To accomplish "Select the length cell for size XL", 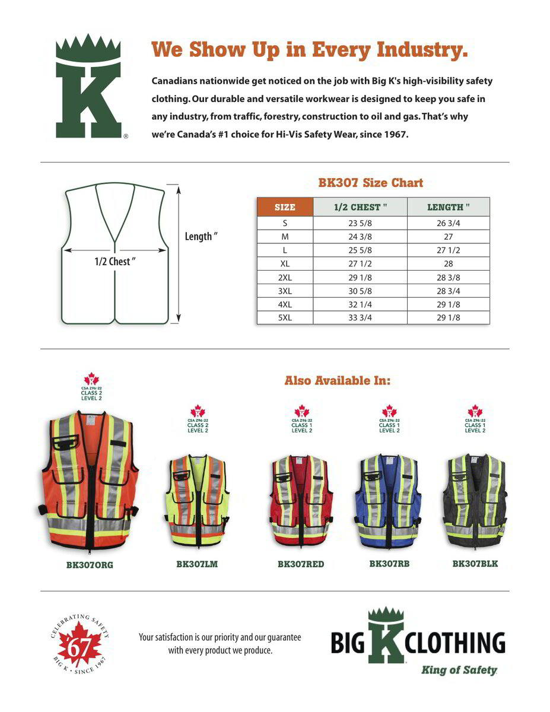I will pyautogui.click(x=448, y=263).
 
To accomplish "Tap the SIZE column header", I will pyautogui.click(x=285, y=207).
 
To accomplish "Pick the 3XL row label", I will pyautogui.click(x=285, y=291).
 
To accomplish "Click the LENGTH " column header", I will pyautogui.click(x=448, y=207).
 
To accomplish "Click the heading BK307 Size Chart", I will pyautogui.click(x=370, y=183).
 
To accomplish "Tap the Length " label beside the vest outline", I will pyautogui.click(x=201, y=237).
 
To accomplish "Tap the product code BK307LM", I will pyautogui.click(x=197, y=564).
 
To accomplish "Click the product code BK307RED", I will pyautogui.click(x=301, y=564).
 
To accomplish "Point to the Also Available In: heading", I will pyautogui.click(x=338, y=380).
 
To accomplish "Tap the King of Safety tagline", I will pyautogui.click(x=459, y=670).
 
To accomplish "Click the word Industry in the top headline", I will pyautogui.click(x=421, y=50).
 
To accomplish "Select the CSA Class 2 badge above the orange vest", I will pyautogui.click(x=91, y=388).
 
